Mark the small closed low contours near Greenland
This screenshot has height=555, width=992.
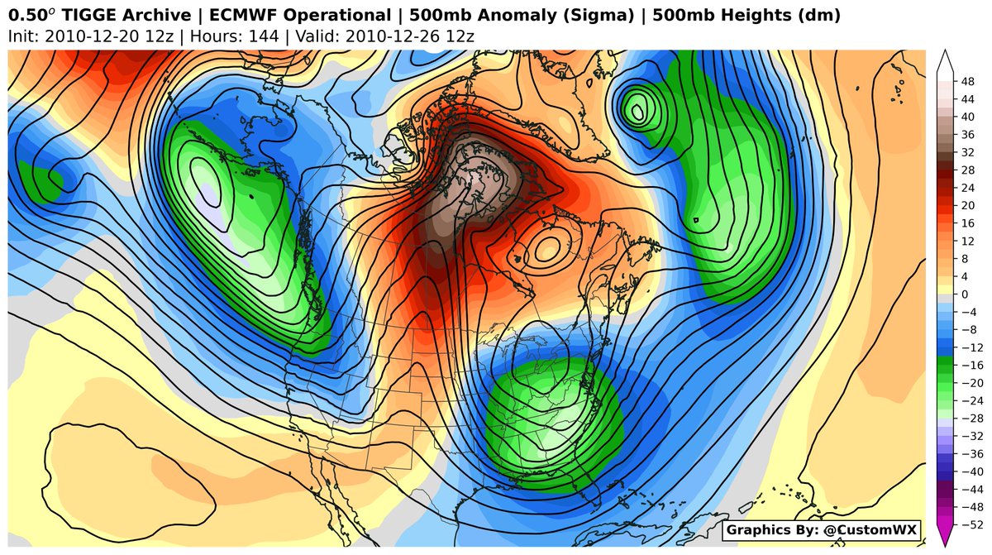click(637, 108)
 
